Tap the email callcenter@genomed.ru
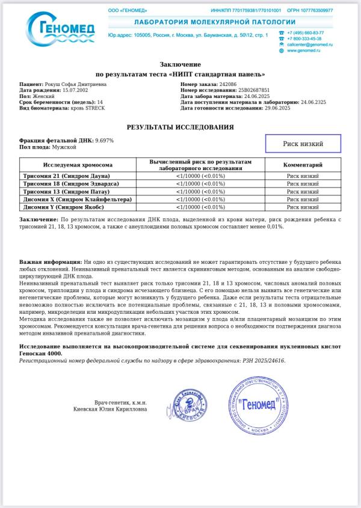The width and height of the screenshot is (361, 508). click(x=309, y=44)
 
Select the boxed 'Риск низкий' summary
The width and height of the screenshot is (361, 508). click(x=303, y=144)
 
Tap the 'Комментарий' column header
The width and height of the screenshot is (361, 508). click(x=303, y=165)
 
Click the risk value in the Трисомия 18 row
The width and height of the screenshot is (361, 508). click(x=200, y=183)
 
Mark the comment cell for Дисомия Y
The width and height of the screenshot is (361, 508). click(x=303, y=207)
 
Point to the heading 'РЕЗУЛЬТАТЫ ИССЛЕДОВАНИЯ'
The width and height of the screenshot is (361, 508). click(x=180, y=127)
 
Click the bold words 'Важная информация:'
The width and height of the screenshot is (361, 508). click(x=51, y=263)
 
